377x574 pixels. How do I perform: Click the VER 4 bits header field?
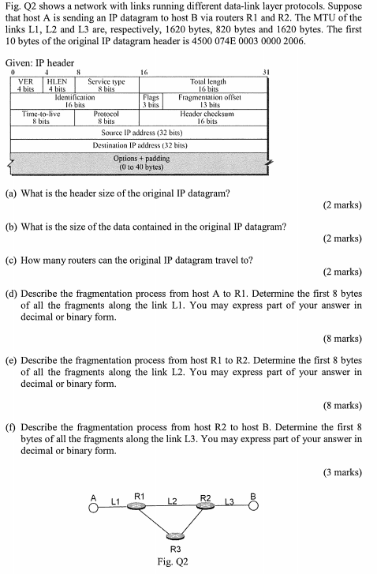tap(25, 85)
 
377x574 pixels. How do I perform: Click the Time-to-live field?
tap(41, 118)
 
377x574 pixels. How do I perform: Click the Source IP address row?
tap(138, 133)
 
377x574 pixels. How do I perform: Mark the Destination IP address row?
tap(138, 146)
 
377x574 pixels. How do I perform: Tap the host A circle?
tap(93, 508)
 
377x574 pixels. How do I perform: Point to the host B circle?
tap(253, 507)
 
